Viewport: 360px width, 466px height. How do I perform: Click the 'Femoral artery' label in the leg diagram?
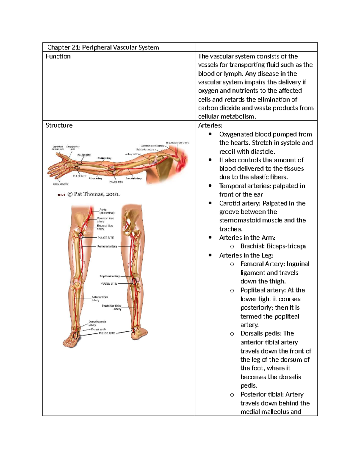tap(107, 246)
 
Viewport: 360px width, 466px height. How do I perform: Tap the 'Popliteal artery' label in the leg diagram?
tap(109, 276)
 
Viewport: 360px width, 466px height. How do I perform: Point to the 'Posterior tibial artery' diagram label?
tap(112, 307)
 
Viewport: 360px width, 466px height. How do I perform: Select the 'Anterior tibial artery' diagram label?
tap(100, 299)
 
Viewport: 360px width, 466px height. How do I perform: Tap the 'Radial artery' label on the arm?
tap(104, 158)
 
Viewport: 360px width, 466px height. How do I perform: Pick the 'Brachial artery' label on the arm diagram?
tap(133, 179)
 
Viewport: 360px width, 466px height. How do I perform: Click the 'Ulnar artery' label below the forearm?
tap(95, 179)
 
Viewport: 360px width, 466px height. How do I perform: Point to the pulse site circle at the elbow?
tap(112, 170)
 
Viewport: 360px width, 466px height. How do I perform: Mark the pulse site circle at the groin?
tap(81, 236)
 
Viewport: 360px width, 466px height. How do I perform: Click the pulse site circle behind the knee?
tap(134, 282)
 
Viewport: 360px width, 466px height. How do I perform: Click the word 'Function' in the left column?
tap(58, 56)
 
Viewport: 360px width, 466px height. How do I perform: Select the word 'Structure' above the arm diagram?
tap(59, 125)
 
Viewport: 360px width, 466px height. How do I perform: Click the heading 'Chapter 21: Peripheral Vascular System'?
tap(103, 47)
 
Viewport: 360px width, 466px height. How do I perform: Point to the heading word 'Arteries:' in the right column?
tap(210, 125)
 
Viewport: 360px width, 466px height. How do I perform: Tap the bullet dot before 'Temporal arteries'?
tap(210, 186)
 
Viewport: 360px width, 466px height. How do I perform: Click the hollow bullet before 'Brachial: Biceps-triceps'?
tap(232, 246)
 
